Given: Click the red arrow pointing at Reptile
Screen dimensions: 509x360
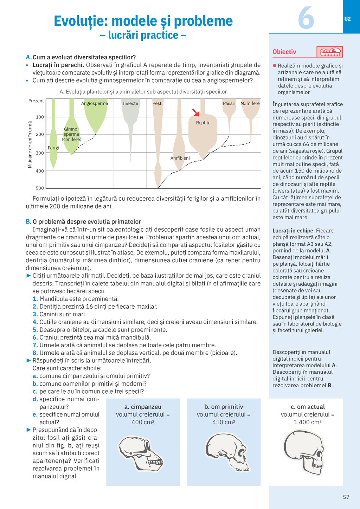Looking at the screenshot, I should (196, 112).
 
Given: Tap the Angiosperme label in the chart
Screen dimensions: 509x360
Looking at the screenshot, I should (95, 104).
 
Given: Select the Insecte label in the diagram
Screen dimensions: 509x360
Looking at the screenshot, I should (130, 104).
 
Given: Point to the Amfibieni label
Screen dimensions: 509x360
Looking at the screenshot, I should (180, 158).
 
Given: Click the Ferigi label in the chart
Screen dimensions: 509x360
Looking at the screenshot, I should (53, 148).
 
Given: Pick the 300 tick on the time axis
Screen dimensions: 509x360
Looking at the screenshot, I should (40, 153).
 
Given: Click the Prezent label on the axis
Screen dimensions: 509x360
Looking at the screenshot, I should (36, 101).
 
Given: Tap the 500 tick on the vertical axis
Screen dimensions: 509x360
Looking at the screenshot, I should (40, 188).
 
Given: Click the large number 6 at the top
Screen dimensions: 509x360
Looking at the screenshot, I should (306, 18).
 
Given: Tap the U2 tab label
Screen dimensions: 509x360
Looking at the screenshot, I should (347, 19).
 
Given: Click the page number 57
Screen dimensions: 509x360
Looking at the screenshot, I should (346, 497).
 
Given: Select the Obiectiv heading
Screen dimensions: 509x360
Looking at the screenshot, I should (284, 52).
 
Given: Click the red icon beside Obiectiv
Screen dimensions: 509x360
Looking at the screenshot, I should (329, 52).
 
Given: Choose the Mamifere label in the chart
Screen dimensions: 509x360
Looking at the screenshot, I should (250, 104).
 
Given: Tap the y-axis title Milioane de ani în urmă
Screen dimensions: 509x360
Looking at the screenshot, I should (30, 144).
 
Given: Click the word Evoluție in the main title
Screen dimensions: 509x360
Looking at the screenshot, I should (81, 21).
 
